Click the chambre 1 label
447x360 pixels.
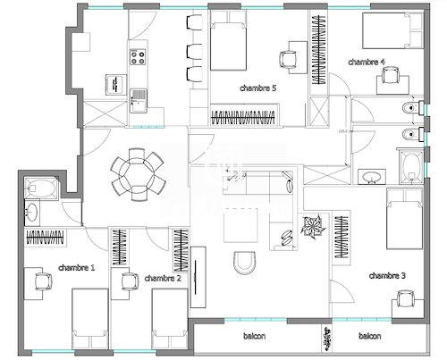77,267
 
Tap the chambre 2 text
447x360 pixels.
163,278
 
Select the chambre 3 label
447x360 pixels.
387,275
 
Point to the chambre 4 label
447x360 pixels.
367,62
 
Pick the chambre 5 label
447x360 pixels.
258,88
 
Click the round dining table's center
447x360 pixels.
138,173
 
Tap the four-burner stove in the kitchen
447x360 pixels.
139,59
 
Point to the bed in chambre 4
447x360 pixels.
388,32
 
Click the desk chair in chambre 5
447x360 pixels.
289,58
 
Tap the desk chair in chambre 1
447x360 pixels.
42,280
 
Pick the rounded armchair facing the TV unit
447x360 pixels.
242,263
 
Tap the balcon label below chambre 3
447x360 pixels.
369,337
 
